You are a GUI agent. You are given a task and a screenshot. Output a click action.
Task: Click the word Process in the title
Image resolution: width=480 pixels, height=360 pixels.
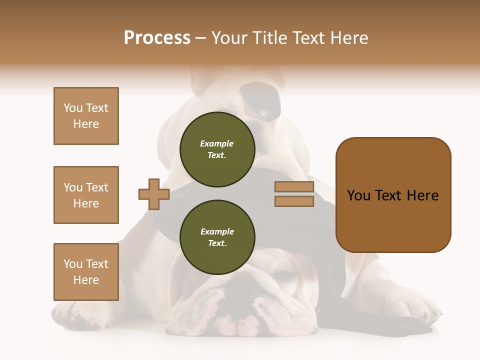157,38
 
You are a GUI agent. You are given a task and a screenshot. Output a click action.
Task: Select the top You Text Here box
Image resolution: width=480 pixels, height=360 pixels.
86,116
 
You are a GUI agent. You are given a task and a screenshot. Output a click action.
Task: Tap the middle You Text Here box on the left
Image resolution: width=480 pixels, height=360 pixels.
86,195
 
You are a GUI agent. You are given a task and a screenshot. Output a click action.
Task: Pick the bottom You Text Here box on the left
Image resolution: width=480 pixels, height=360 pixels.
86,272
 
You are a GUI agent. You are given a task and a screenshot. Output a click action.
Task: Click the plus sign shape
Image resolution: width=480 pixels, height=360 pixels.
154,194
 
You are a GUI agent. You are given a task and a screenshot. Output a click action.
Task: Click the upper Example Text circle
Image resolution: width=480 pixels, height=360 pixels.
217,149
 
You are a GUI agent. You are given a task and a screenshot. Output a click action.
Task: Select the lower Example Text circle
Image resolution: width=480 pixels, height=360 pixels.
217,237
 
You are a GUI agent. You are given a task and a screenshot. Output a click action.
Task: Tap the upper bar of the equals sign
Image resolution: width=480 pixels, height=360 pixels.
294,187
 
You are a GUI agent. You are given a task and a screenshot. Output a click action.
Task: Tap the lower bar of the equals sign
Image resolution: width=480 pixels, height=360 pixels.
294,201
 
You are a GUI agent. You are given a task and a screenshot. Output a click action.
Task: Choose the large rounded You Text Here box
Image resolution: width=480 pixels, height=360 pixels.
393,195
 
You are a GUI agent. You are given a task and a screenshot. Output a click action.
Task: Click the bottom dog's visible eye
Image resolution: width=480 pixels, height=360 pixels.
283,275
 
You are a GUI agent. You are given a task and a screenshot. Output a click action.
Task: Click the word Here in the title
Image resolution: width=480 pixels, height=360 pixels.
349,38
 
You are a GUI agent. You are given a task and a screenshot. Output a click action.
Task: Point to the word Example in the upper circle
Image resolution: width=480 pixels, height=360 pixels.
217,144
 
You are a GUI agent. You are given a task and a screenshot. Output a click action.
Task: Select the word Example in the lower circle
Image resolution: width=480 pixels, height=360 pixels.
217,232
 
